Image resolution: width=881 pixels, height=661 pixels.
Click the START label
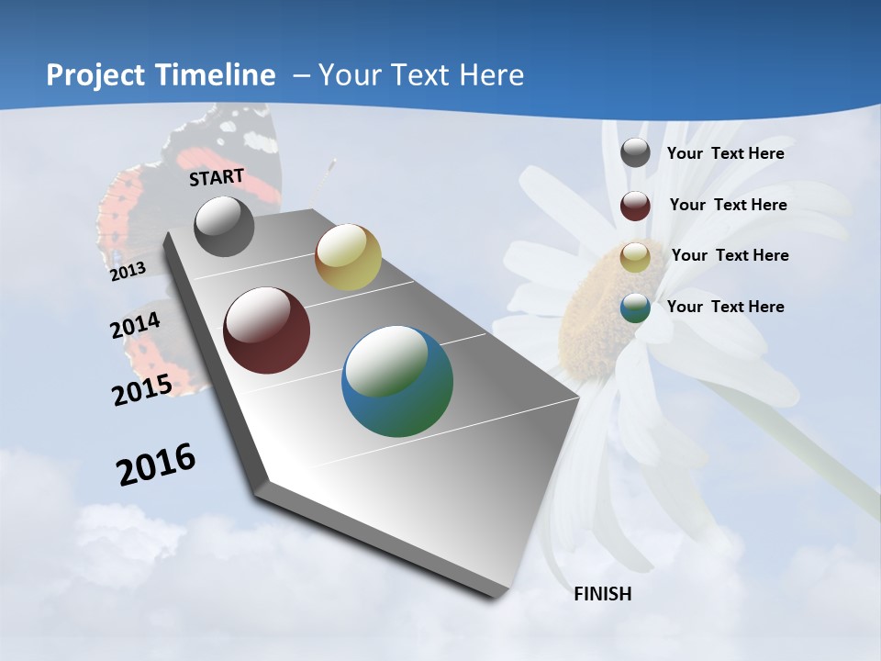[x=217, y=177]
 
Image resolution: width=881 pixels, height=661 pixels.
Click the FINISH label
[x=602, y=594]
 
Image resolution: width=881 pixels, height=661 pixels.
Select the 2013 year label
[x=128, y=271]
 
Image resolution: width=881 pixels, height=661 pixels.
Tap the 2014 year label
[x=136, y=326]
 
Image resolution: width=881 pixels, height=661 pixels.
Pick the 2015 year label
[x=142, y=389]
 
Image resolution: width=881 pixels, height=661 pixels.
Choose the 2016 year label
[x=156, y=465]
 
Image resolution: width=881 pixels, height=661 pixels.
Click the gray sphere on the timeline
[x=224, y=226]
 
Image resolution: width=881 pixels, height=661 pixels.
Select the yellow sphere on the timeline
[x=348, y=257]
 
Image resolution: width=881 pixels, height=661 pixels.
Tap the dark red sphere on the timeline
[x=267, y=330]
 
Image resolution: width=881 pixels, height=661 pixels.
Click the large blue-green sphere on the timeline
[x=397, y=381]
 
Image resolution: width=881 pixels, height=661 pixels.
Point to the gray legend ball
[x=635, y=153]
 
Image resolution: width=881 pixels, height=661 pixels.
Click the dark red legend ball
[x=635, y=206]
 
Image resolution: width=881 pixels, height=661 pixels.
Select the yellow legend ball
[x=635, y=257]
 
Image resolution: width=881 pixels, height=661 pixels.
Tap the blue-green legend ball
[x=635, y=308]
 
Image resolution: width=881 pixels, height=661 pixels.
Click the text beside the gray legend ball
[x=725, y=153]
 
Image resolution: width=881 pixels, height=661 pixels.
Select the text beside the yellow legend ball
[x=730, y=255]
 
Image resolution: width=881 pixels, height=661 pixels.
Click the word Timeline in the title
[x=220, y=75]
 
